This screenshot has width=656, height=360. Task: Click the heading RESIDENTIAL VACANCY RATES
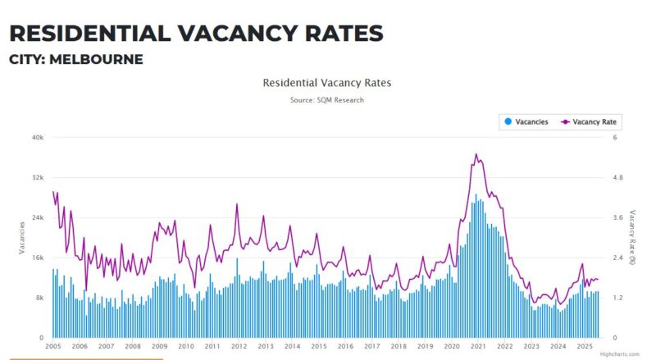point(196,33)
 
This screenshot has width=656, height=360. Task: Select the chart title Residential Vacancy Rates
point(326,83)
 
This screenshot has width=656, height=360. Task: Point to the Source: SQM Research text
point(326,100)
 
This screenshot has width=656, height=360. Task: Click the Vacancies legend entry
point(526,121)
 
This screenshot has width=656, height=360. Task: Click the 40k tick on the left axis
point(37,138)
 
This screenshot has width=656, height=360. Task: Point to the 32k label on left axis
point(37,178)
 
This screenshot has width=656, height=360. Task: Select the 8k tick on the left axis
point(39,298)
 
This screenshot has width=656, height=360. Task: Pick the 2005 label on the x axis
point(52,347)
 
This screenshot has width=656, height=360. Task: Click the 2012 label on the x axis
point(239,347)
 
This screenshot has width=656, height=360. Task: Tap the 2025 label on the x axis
point(585,347)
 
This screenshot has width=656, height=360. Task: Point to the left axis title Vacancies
point(22,237)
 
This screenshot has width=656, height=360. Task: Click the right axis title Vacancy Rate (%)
point(633,237)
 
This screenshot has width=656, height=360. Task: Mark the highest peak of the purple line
point(476,154)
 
